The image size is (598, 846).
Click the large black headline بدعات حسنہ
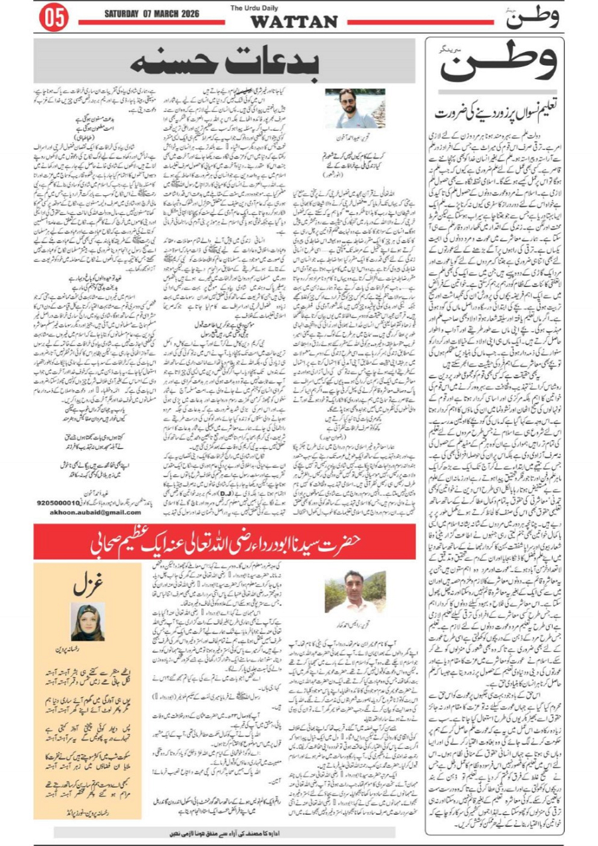click(227, 62)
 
